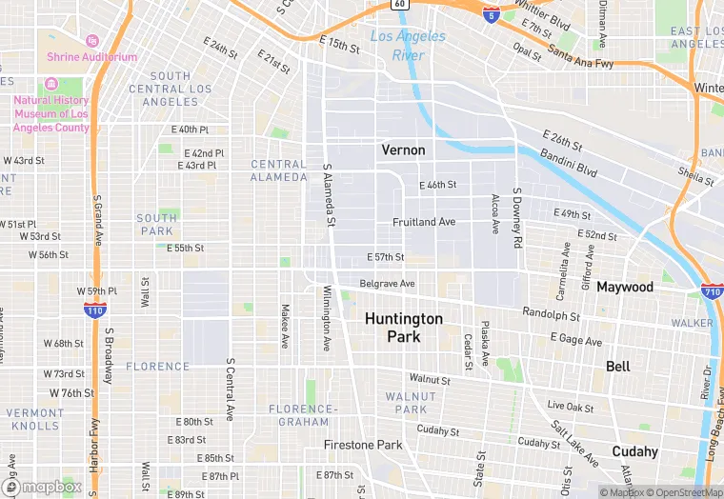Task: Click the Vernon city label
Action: tap(403, 150)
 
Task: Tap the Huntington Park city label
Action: tap(403, 328)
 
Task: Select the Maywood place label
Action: tap(625, 287)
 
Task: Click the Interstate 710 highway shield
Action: tap(711, 291)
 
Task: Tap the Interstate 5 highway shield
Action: tap(490, 14)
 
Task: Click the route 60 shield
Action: tap(400, 5)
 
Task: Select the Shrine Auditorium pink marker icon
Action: tap(92, 41)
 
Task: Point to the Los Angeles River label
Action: tap(408, 46)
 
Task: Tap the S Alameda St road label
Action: tap(329, 194)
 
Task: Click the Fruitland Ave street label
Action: tap(424, 222)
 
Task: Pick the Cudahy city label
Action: tap(634, 451)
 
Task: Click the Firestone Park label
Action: tap(363, 445)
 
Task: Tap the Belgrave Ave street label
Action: tap(387, 284)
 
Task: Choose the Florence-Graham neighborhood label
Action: tap(303, 415)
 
